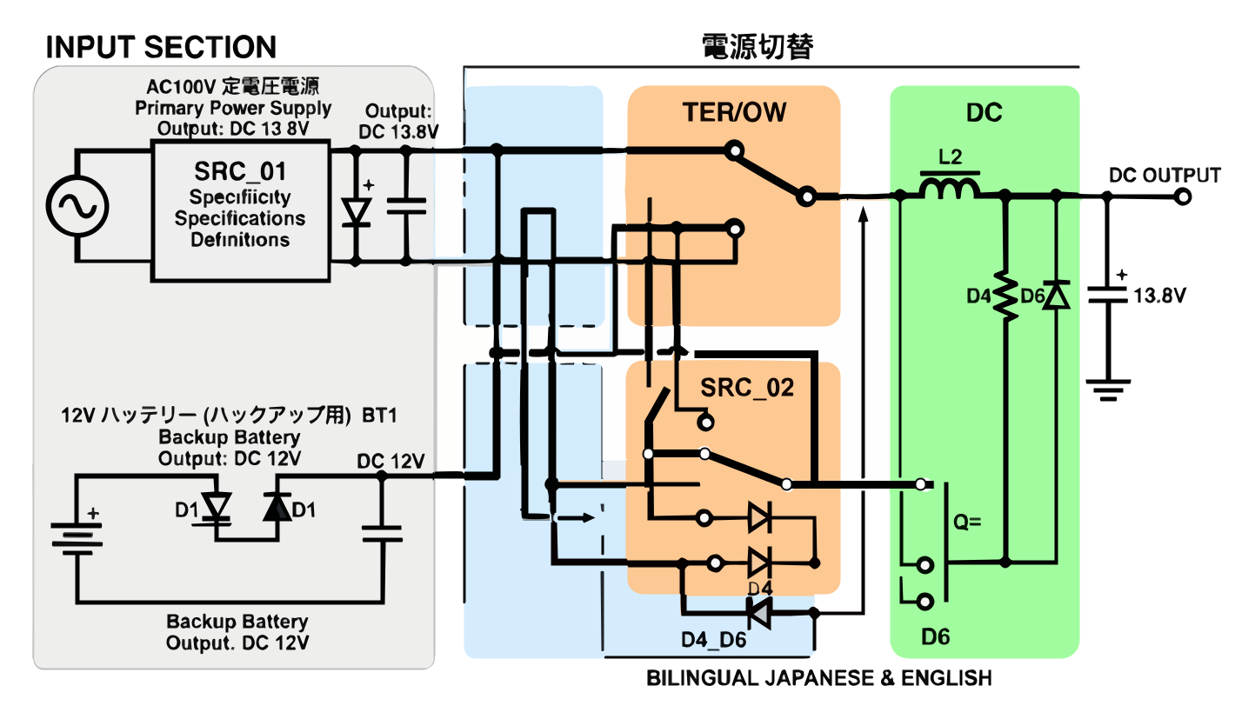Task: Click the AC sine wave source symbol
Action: point(77,207)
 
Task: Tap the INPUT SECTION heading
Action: point(161,47)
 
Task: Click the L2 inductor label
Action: point(950,157)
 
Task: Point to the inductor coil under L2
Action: point(950,188)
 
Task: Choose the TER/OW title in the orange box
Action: point(734,113)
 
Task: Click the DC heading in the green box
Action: point(984,113)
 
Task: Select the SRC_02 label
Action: point(748,388)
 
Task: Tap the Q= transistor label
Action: point(967,523)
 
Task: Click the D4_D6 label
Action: point(713,640)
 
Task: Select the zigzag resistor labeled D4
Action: point(1006,296)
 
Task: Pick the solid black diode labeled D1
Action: point(277,509)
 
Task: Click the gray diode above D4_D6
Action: point(759,614)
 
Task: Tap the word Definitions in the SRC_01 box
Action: point(240,239)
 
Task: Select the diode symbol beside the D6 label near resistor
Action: point(1056,296)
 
